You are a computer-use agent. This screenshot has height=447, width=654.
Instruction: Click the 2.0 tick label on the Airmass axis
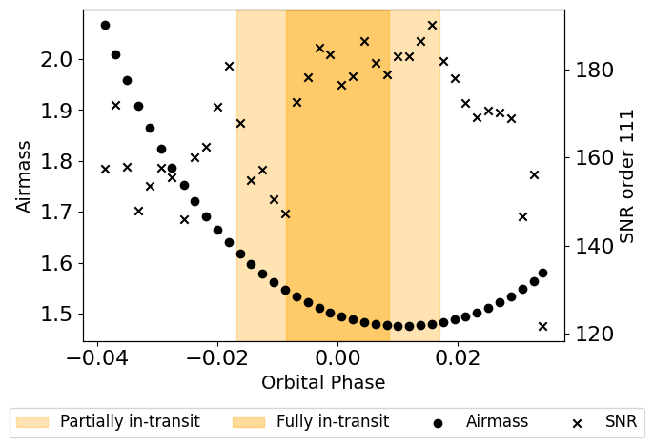point(58,60)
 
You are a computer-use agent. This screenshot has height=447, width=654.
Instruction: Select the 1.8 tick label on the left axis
point(58,161)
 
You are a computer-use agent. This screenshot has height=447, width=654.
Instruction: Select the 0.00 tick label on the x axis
point(337,357)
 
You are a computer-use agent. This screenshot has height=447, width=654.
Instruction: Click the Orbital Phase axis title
point(323,383)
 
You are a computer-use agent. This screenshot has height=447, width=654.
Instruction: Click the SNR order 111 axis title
point(627,175)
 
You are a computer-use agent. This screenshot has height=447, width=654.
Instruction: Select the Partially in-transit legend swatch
point(32,421)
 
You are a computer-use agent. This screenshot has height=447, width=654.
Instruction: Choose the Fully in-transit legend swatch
point(249,421)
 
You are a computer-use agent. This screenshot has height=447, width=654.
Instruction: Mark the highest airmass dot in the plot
point(105,25)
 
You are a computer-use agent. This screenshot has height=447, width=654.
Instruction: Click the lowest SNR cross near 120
point(542,326)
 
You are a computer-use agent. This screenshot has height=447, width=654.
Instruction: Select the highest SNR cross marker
point(432,25)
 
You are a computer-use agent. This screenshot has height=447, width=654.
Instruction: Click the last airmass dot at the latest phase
point(542,273)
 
